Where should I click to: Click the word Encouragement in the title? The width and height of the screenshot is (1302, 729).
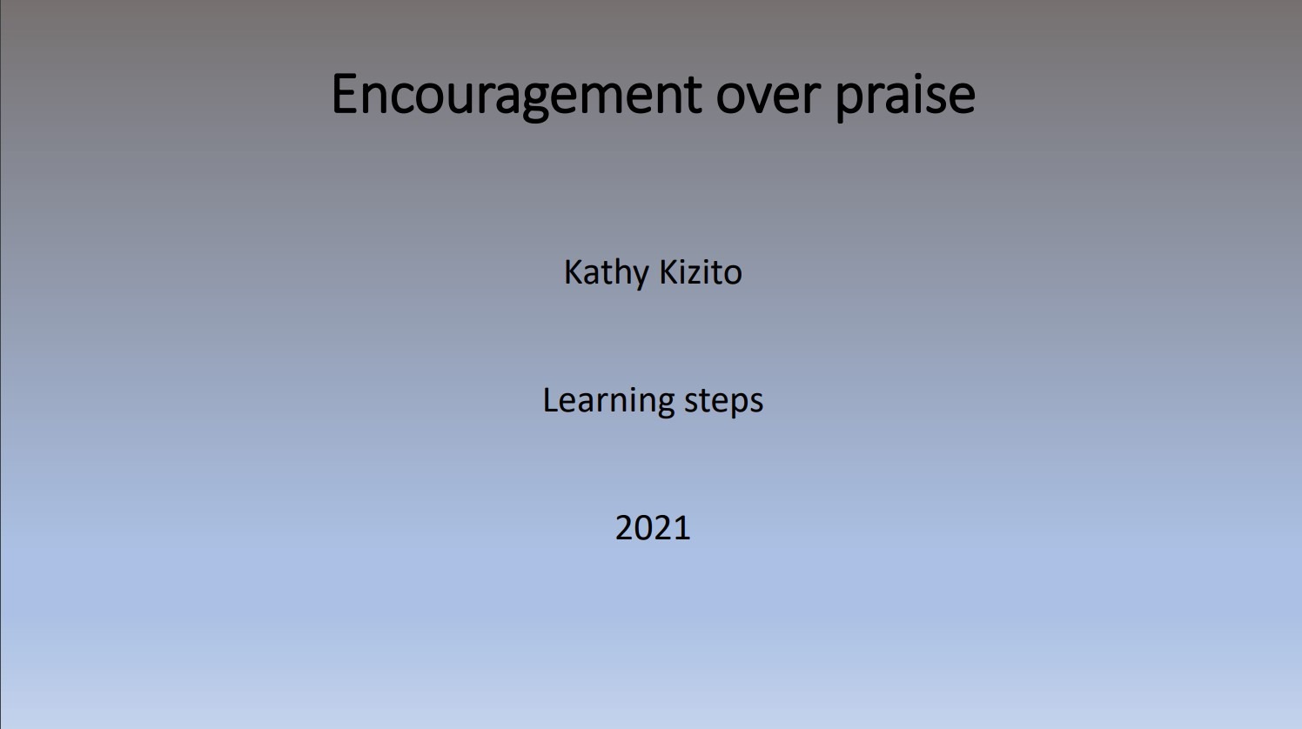click(517, 96)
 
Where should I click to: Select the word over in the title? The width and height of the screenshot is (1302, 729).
click(768, 97)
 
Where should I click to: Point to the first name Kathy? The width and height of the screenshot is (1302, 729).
click(606, 273)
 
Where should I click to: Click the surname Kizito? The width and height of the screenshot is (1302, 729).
click(701, 272)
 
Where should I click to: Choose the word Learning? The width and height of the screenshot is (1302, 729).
click(608, 401)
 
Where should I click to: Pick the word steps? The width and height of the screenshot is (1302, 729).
click(723, 403)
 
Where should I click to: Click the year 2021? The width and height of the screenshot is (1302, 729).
click(653, 528)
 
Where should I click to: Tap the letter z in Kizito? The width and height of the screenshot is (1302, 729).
click(695, 277)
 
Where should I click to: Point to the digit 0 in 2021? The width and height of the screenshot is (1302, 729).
click(644, 528)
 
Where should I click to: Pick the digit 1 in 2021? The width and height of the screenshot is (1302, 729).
click(682, 528)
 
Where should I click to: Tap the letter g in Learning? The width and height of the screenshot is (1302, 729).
click(665, 406)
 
